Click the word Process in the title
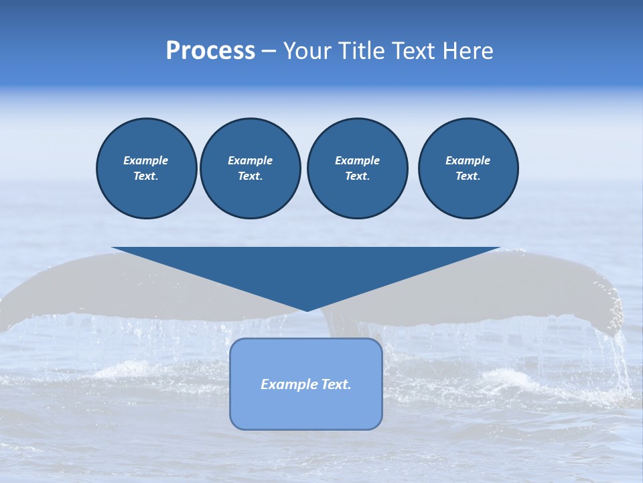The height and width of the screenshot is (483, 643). coord(210,51)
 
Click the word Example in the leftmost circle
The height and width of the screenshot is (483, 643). coord(146,160)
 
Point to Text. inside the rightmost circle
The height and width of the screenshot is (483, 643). coord(468,176)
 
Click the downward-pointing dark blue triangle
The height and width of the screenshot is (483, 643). coord(306,268)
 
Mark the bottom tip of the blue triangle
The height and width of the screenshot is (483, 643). coord(307,310)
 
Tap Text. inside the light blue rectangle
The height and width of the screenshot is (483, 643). coord(336,384)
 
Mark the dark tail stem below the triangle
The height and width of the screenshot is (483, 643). coord(334,323)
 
